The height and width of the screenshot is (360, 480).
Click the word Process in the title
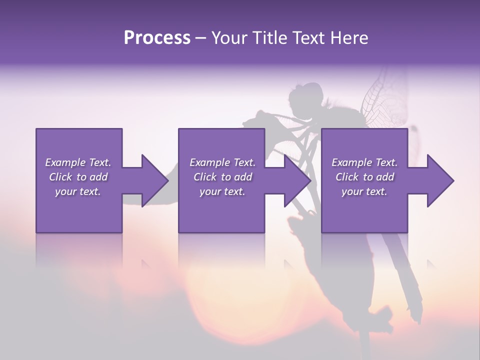pos(157,38)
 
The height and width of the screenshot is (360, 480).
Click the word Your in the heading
pos(228,38)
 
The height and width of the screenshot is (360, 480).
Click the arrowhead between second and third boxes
pos(297,180)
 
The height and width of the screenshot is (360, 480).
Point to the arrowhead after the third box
pos(440,180)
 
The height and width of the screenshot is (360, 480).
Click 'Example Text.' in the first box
pos(78,162)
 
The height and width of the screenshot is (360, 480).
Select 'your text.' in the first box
pos(78,191)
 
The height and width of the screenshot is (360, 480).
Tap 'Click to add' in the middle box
pos(222,177)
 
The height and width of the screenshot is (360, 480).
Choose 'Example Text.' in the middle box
pos(222,162)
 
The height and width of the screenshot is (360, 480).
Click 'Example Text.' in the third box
pos(364,162)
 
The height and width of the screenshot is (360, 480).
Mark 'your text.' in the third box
pos(364,191)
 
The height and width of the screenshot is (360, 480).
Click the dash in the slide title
pos(201,38)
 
